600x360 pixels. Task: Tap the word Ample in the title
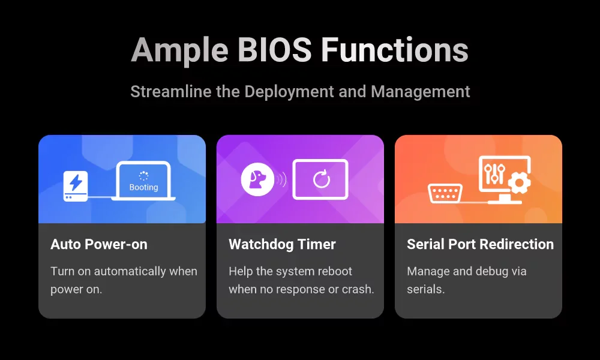pos(181,50)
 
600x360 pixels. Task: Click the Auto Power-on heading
pos(99,244)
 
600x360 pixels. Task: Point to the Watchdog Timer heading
pos(283,244)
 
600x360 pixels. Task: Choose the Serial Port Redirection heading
pos(480,244)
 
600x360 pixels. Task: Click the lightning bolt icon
pos(76,182)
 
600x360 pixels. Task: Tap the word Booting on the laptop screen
pos(144,187)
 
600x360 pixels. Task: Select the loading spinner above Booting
pos(144,176)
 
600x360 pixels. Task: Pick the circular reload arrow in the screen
pos(321,179)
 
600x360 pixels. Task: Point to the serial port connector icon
pos(445,194)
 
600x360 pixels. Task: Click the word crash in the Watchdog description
pos(359,289)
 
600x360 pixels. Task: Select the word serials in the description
pos(425,289)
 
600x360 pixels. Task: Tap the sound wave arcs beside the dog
pos(282,179)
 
